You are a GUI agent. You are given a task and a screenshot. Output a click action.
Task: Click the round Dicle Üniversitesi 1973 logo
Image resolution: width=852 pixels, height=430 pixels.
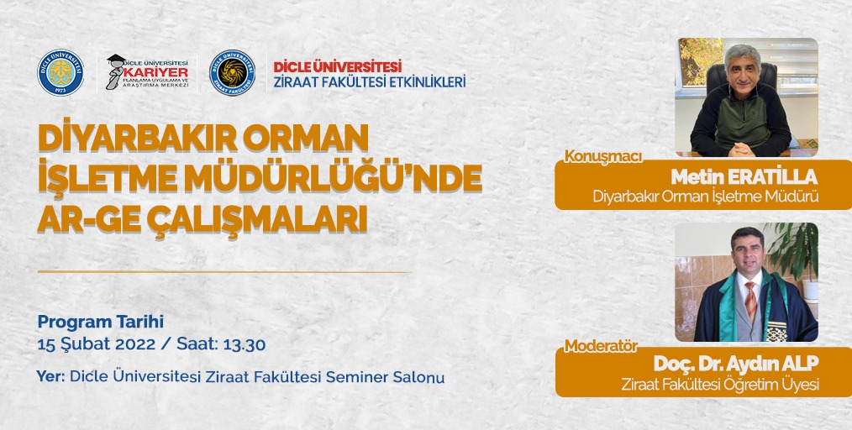pyautogui.click(x=60, y=73)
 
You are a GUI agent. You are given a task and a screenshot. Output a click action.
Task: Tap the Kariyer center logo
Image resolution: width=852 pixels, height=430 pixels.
pyautogui.click(x=147, y=72)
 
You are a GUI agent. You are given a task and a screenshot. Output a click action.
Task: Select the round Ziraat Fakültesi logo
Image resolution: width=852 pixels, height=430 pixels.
pyautogui.click(x=232, y=73)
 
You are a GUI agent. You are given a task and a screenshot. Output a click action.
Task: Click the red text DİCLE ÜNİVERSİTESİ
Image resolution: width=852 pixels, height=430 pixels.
pyautogui.click(x=338, y=66)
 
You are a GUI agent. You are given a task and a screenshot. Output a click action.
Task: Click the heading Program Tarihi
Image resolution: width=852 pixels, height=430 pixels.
pyautogui.click(x=101, y=322)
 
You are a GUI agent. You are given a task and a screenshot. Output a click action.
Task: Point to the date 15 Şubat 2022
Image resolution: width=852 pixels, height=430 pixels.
pyautogui.click(x=96, y=345)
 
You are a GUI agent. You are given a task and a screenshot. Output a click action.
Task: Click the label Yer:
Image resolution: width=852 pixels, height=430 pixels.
pyautogui.click(x=50, y=377)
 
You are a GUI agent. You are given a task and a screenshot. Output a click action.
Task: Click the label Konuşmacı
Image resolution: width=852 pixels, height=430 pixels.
pyautogui.click(x=603, y=156)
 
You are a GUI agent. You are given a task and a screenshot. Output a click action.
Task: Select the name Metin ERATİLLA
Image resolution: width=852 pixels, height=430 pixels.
pyautogui.click(x=744, y=176)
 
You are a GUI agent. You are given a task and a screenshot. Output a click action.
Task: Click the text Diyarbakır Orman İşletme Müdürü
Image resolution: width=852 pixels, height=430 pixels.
pyautogui.click(x=705, y=197)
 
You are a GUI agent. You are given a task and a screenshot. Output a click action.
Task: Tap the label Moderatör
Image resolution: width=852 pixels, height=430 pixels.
pyautogui.click(x=601, y=345)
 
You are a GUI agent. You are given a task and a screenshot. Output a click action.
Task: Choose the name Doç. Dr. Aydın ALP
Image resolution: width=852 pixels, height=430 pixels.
pyautogui.click(x=736, y=363)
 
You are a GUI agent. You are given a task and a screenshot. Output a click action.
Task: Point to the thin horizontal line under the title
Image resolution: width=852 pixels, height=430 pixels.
pyautogui.click(x=224, y=271)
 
